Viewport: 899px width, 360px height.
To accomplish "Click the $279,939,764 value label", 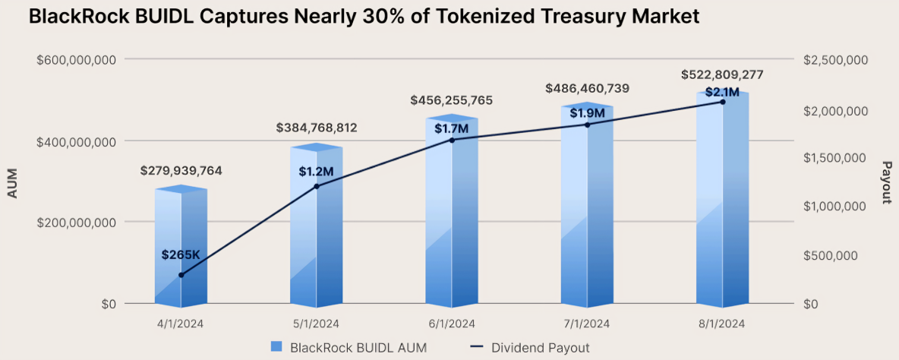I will coord(181,171).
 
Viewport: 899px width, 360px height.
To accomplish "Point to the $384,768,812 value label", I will coord(316,128).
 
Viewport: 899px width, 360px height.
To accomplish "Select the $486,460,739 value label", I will coord(587,89).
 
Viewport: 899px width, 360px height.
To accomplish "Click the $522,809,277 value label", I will coord(722,74).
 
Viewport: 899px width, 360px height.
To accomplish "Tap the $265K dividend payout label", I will coord(181,255).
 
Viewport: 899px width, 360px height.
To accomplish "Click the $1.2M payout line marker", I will coord(317,186).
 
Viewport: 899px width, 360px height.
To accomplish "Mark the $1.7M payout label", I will coord(453,128).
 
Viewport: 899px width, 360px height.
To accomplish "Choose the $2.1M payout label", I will coord(722,92).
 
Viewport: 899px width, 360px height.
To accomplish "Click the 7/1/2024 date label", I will coord(587,324).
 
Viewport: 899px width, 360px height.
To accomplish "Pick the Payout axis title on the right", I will coord(885,182).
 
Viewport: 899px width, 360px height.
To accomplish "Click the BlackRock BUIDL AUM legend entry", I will coord(349,347).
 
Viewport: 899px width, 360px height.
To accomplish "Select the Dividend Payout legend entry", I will coord(529,347).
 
